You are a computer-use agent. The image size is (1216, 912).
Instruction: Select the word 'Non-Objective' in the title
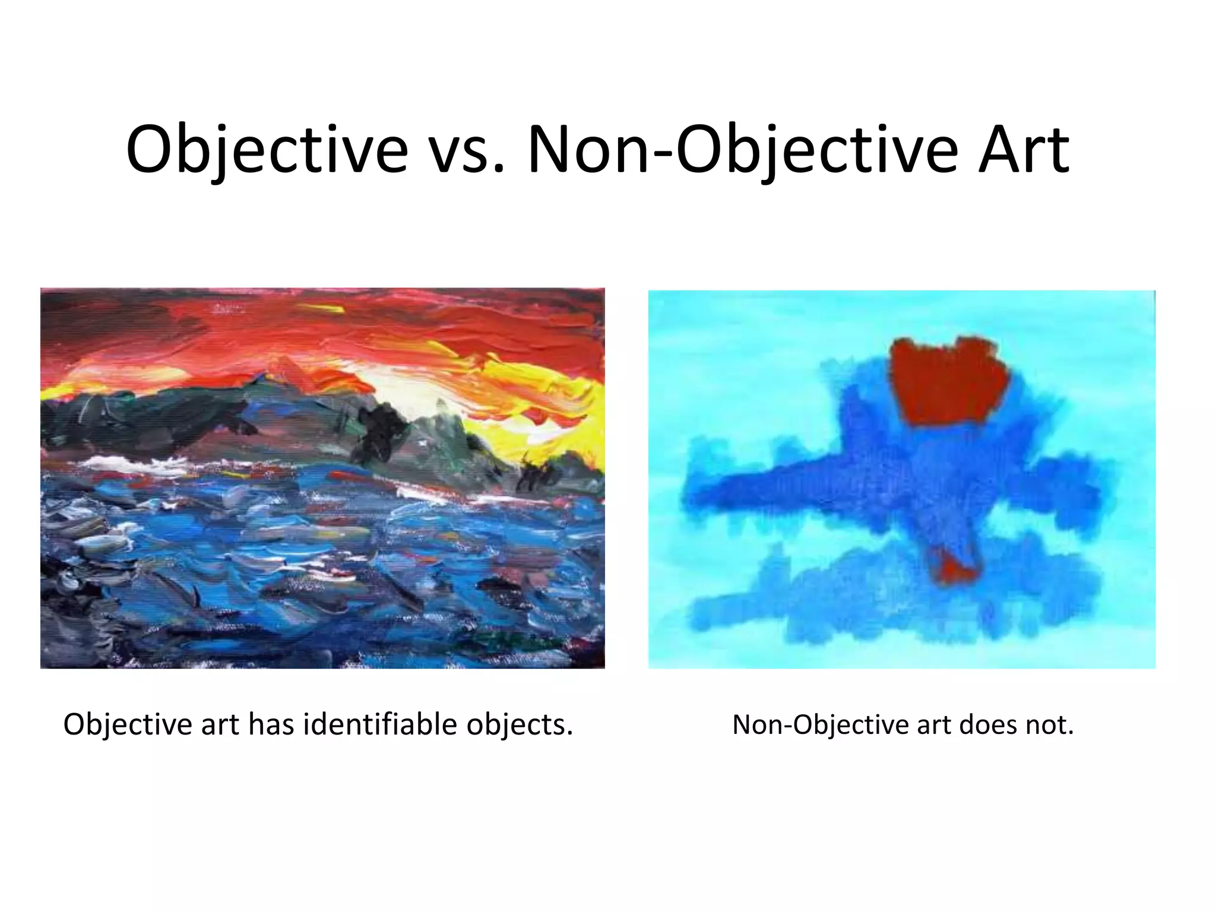tap(742, 151)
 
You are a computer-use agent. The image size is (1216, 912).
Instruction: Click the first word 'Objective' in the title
tap(267, 151)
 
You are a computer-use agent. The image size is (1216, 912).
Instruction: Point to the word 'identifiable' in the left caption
tap(380, 724)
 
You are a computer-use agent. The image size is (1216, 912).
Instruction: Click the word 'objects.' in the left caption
tap(520, 724)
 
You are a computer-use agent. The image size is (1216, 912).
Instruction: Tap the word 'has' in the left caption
tap(271, 724)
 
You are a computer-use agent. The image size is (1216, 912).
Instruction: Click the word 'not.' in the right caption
tap(1051, 725)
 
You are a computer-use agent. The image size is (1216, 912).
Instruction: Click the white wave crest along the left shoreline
tap(125, 463)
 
